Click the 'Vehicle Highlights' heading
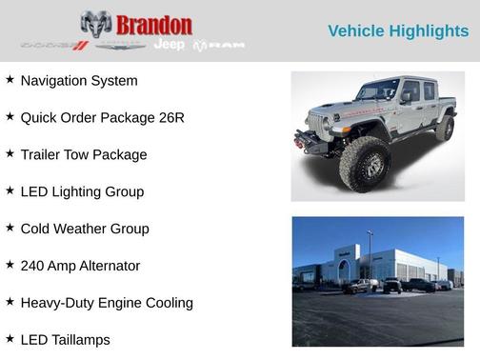[x=398, y=31]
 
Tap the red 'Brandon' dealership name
[x=153, y=25]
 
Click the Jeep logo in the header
[x=169, y=45]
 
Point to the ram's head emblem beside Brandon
[x=96, y=24]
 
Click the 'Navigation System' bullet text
[x=79, y=81]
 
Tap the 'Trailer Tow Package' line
[x=84, y=155]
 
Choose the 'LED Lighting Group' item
[x=82, y=192]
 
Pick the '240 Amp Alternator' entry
[x=80, y=266]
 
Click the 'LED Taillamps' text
[x=65, y=340]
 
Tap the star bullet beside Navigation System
[x=10, y=80]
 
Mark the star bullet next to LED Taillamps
[x=10, y=339]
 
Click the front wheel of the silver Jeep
[x=365, y=164]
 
